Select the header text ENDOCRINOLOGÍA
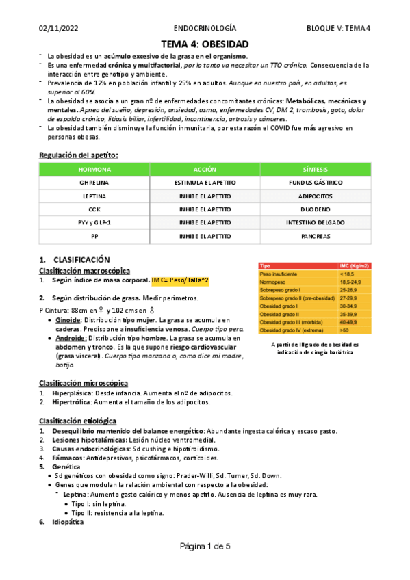[205, 29]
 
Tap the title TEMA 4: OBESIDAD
[205, 44]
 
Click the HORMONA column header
[94, 168]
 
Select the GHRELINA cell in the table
[94, 183]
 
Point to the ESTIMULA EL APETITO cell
[205, 183]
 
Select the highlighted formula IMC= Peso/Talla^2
[180, 280]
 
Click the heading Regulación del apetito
[79, 155]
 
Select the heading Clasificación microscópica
[83, 383]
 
